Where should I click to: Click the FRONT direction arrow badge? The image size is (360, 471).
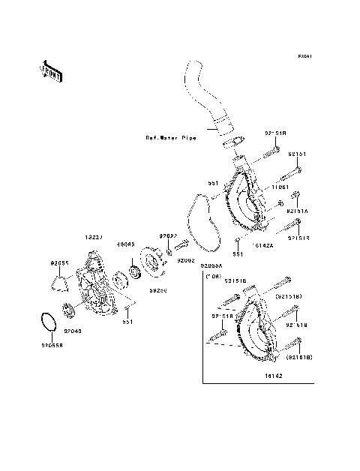click(49, 71)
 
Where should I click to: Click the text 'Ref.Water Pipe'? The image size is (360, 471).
click(171, 138)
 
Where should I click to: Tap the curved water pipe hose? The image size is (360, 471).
click(202, 98)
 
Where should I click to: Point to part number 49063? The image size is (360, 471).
click(124, 244)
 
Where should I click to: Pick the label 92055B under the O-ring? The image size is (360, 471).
click(52, 346)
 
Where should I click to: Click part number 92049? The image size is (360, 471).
click(73, 331)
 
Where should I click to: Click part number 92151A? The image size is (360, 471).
click(298, 211)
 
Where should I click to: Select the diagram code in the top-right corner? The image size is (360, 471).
click(304, 55)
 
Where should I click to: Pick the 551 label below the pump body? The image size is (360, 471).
click(128, 322)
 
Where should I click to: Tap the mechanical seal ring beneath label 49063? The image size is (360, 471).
click(136, 271)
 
